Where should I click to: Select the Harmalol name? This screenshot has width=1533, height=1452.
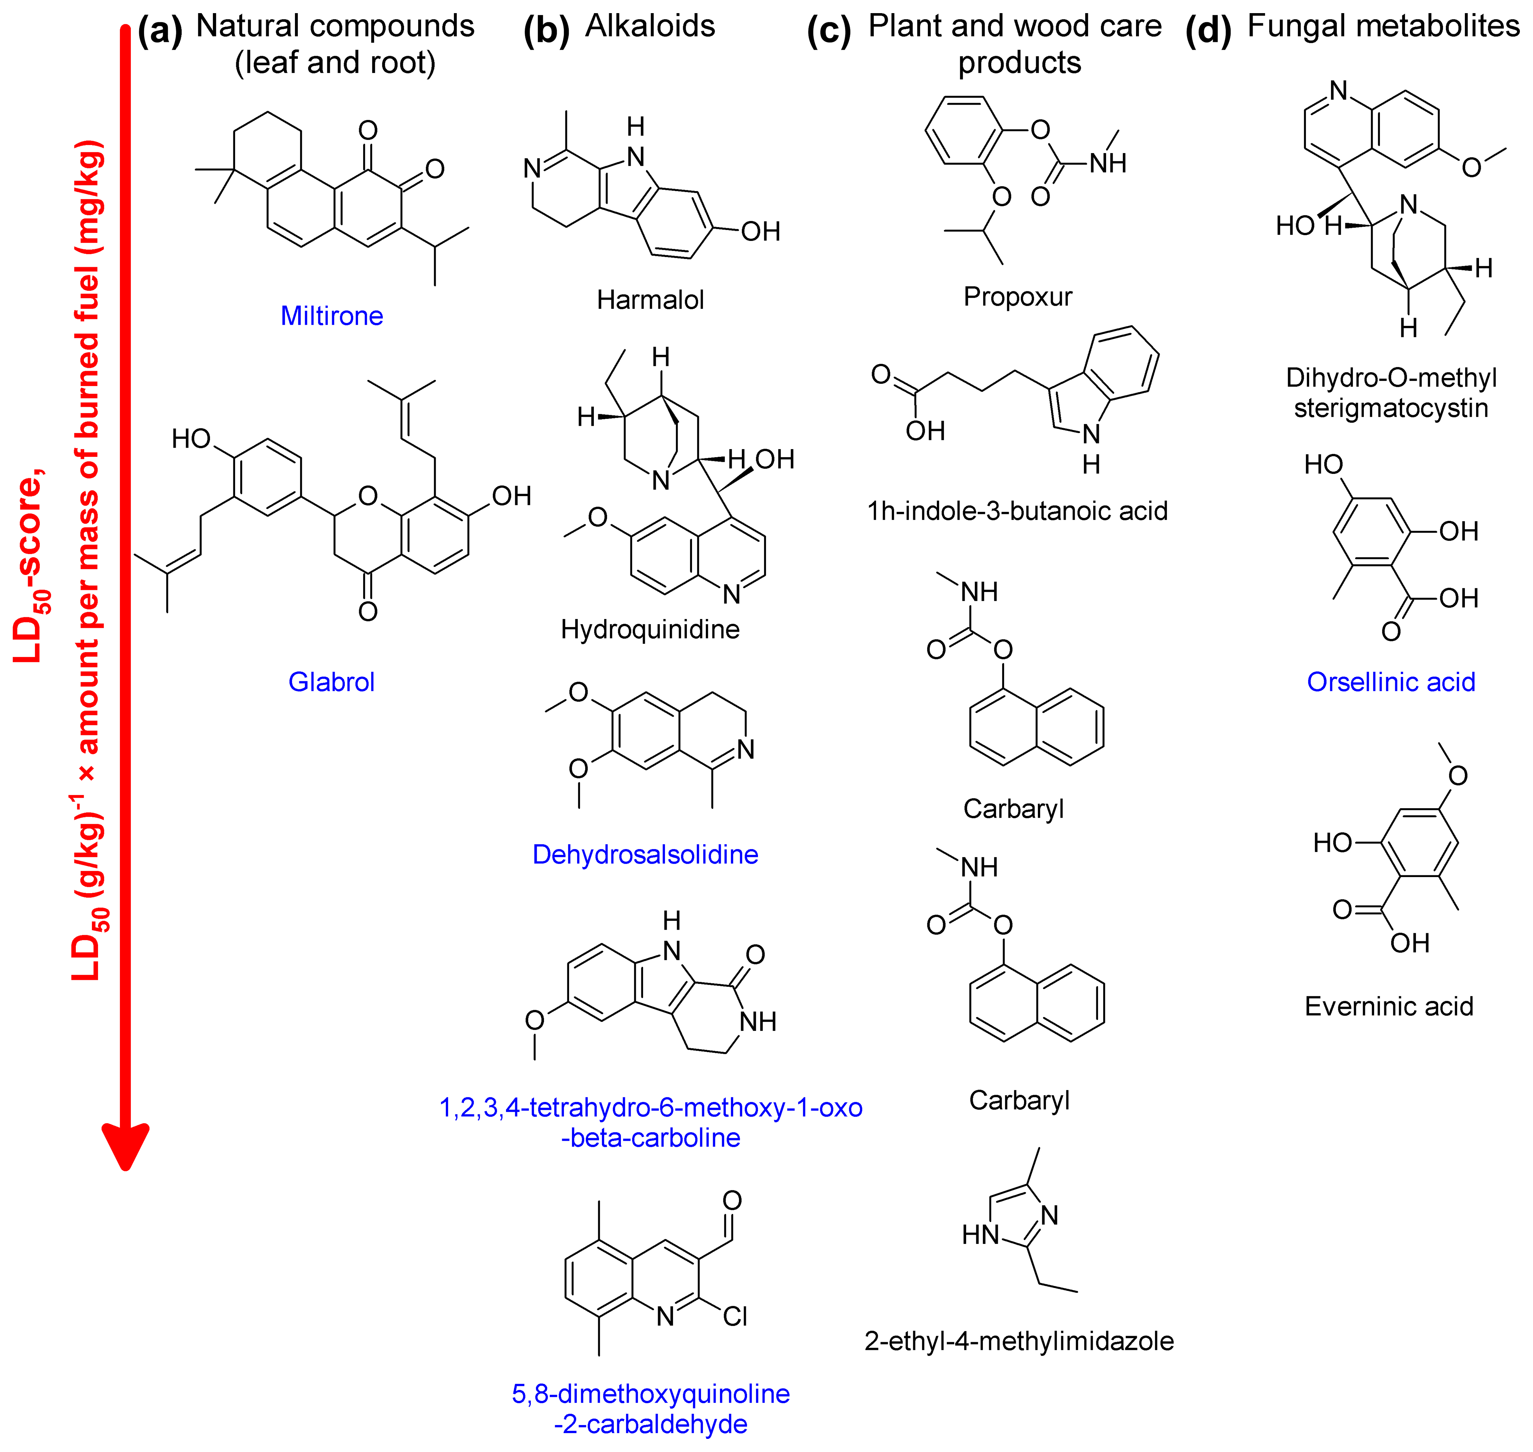650,300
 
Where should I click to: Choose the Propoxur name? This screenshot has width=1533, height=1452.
1018,296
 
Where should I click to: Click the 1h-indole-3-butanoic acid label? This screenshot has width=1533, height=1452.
1018,511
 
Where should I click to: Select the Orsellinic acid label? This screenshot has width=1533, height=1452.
1390,682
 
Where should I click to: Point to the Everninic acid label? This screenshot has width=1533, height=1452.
1389,1006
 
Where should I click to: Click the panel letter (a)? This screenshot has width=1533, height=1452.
160,31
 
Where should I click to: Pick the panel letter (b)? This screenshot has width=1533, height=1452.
546,31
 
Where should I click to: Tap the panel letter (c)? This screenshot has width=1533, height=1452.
829,31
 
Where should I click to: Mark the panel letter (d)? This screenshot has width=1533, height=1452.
1208,31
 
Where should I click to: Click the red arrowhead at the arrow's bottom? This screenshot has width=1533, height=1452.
125,1145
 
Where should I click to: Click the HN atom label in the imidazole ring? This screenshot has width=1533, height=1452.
980,1235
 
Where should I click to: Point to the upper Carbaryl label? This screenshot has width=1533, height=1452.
1014,809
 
